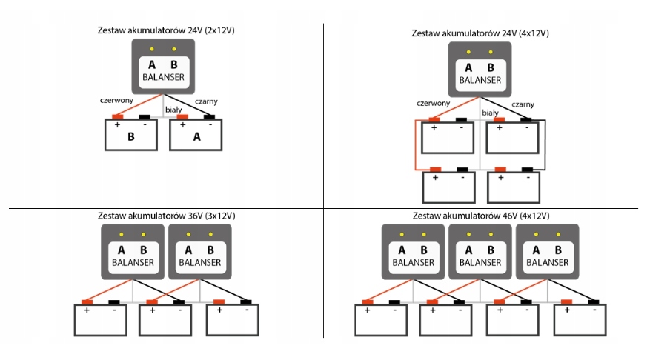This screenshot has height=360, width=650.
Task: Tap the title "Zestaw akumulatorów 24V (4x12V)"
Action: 480,33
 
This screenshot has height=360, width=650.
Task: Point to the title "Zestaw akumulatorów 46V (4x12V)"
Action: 480,216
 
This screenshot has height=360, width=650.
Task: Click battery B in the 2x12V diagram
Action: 130,136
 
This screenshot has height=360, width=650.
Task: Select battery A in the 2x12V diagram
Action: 196,136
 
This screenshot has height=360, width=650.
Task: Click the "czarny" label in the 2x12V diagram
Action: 206,101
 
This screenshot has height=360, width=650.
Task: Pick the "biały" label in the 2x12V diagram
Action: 173,109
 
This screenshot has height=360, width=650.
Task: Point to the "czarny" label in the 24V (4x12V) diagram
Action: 523,104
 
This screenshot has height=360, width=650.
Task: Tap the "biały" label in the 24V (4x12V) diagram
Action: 490,113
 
